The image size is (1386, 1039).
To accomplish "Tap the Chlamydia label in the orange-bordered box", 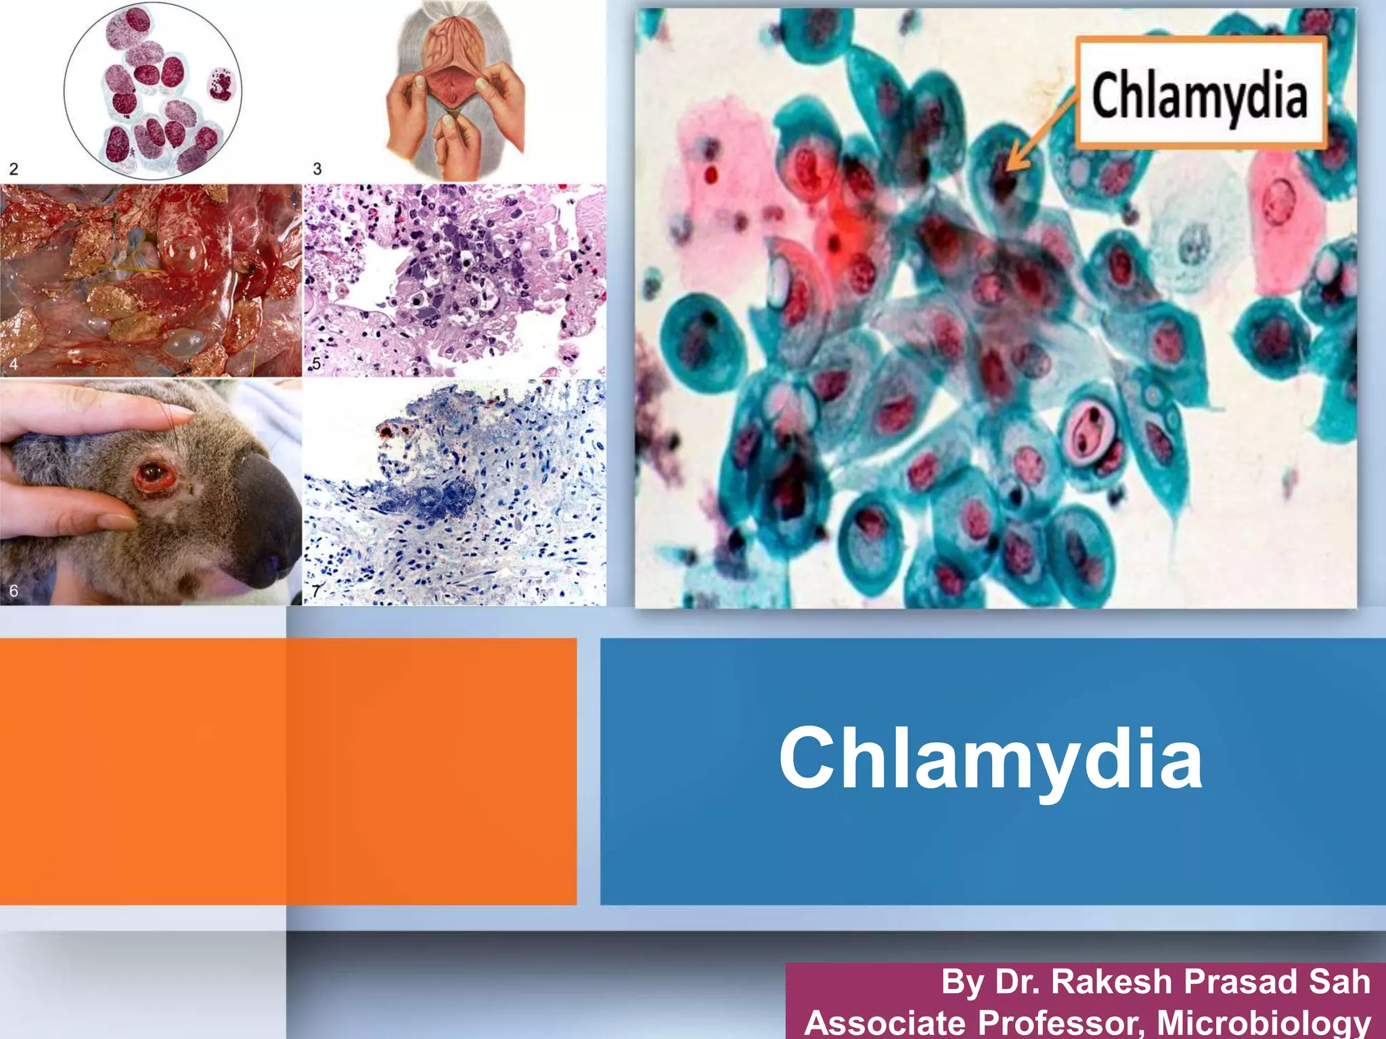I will [x=1199, y=96].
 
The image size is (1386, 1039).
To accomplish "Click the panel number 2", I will [x=14, y=168].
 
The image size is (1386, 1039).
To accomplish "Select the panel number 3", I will [x=317, y=168].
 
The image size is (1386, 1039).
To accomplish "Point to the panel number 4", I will [x=14, y=365].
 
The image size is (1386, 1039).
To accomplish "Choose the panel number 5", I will [x=315, y=364].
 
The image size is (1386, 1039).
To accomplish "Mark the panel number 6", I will [x=14, y=591].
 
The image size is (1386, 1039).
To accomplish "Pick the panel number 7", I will [x=315, y=591].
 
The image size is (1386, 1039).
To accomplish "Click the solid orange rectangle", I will [x=288, y=771].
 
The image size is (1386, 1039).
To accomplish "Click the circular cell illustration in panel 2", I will [x=153, y=91].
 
